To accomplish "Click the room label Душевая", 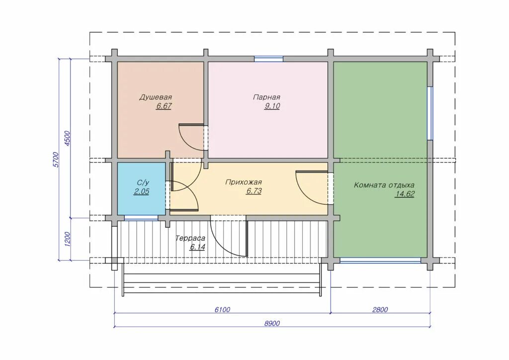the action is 156,97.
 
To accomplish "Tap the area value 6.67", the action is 164,106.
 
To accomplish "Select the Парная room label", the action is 266,97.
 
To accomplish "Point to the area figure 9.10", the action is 272,106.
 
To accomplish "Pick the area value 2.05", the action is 142,191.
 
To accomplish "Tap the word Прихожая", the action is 244,182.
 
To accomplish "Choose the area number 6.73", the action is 254,191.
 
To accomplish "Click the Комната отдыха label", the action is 384,185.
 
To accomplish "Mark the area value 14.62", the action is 405,194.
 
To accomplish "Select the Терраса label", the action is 190,238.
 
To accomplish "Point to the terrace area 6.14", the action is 198,247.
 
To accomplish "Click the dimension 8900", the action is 272,323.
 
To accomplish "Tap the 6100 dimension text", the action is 222,310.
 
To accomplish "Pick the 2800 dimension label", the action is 380,310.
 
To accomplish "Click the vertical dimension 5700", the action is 56,160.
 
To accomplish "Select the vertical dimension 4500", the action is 67,139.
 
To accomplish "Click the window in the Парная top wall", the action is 268,59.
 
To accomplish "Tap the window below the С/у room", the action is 142,218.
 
